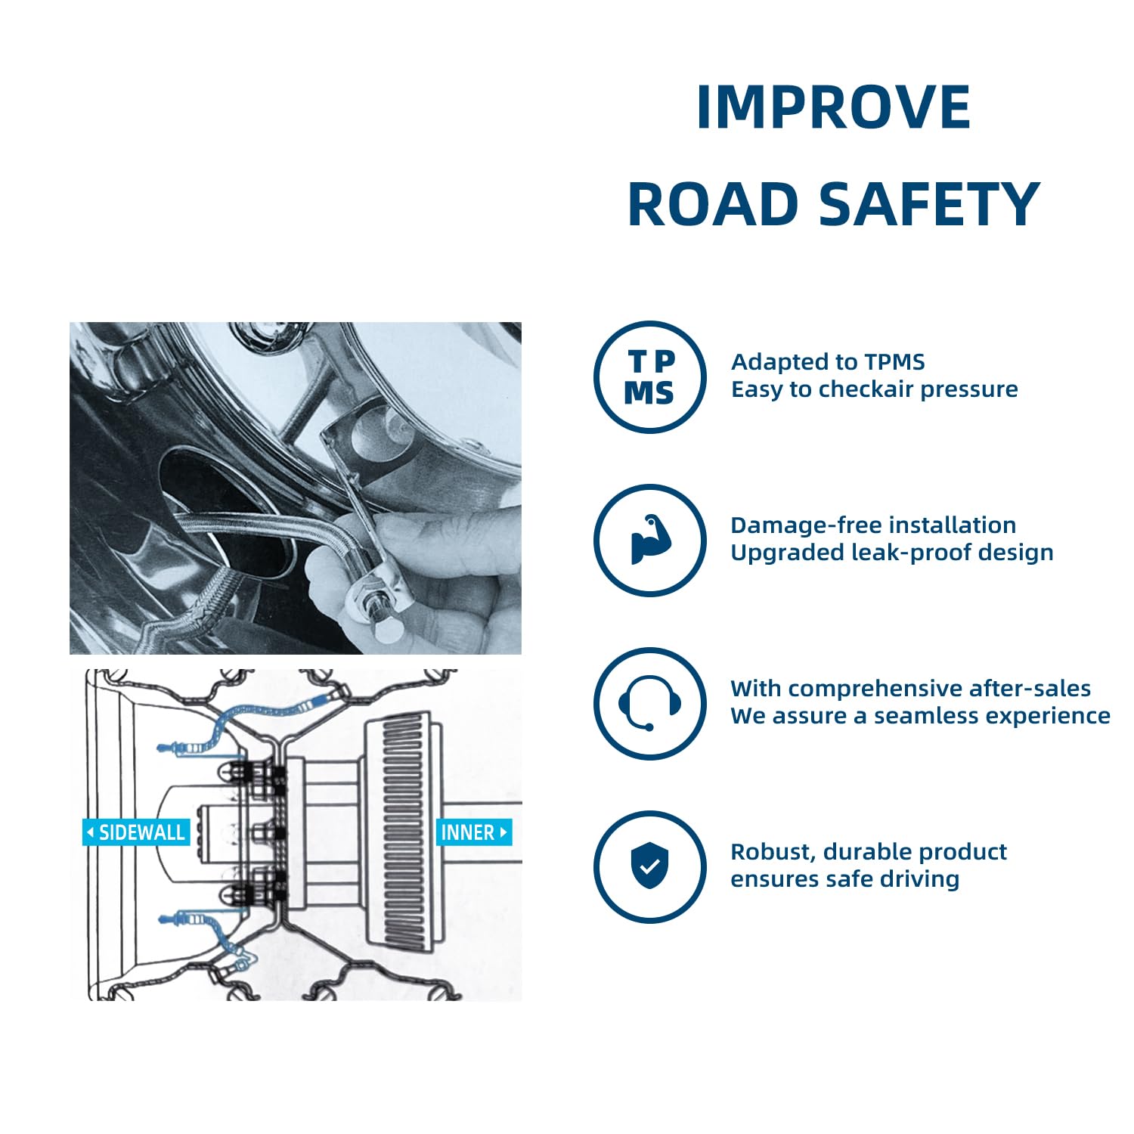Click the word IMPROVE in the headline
[833, 107]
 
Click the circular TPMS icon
[650, 377]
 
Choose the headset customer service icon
[649, 704]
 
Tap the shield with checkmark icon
[649, 866]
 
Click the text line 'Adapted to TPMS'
[828, 362]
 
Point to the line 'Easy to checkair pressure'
[874, 389]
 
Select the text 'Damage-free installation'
[873, 525]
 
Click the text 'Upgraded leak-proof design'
[892, 553]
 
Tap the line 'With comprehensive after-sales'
[910, 689]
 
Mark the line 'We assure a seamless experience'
[920, 716]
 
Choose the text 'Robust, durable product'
[869, 852]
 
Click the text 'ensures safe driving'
[844, 879]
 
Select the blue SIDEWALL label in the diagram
[135, 832]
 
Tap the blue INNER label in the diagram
[474, 832]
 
